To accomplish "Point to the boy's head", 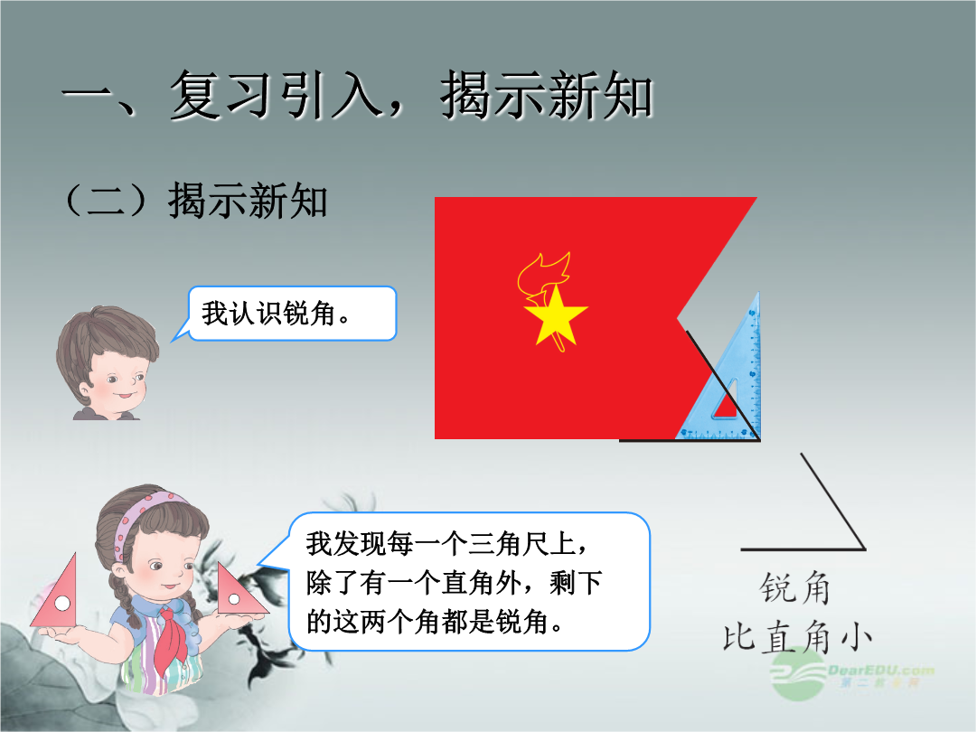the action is click(107, 361).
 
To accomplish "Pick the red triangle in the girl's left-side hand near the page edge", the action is click(56, 597).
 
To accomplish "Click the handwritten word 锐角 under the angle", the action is click(795, 588).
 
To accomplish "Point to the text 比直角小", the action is click(797, 637).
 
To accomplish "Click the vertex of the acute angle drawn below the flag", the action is click(865, 549).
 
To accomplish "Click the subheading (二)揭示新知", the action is click(195, 201).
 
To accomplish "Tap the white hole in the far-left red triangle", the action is click(62, 603).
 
